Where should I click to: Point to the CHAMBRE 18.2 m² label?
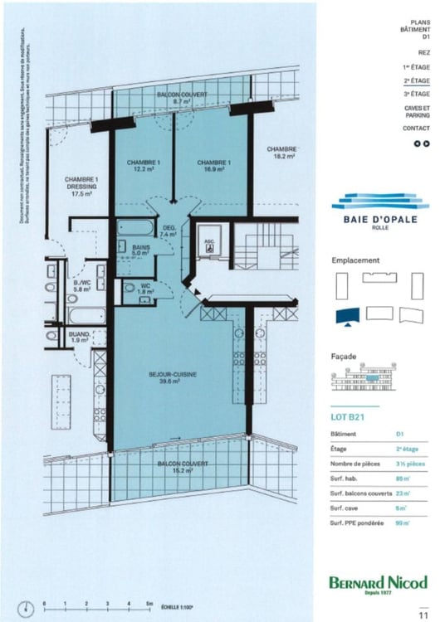tap(282, 153)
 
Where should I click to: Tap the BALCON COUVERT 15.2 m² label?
tap(184, 467)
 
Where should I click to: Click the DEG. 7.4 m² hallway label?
tap(169, 231)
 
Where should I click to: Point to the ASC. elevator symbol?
tap(210, 244)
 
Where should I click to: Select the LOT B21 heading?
tap(349, 418)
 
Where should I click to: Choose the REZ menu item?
tap(424, 51)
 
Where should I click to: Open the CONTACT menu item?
tap(417, 129)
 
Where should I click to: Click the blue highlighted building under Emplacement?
tap(345, 315)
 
